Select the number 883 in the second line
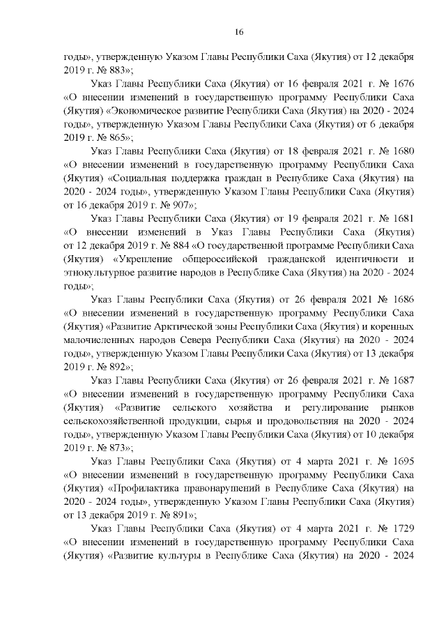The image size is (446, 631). coord(115,71)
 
